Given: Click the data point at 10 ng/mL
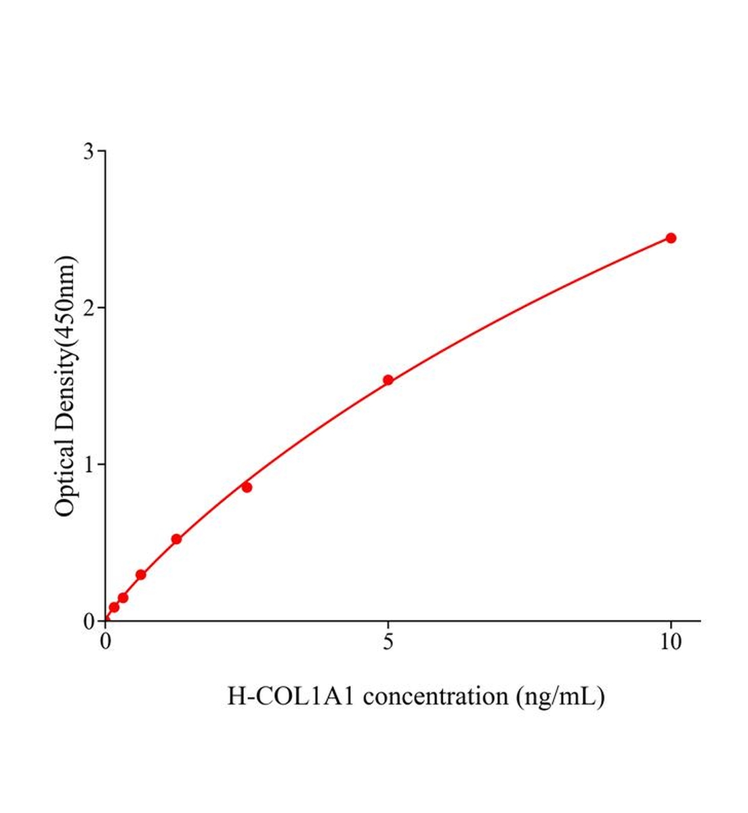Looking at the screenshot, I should coord(671,238).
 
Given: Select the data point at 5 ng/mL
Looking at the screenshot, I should coord(388,380).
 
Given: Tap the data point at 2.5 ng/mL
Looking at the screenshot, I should coord(247,487).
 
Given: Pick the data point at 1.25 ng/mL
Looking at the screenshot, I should coord(176,539).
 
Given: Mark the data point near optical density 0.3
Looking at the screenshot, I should coord(141,575).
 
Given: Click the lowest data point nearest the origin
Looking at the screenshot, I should coord(114,607).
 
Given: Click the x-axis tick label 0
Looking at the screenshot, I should coord(106,642).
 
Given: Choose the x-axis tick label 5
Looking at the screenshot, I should coord(388,642).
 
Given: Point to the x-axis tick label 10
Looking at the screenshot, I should coord(671,642).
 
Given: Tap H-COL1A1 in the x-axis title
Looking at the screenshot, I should coord(290,696).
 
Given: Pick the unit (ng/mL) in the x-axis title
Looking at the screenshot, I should coord(560,696).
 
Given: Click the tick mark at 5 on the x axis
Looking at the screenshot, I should coord(388,625).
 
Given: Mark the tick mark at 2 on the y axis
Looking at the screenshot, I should coord(102,308).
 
